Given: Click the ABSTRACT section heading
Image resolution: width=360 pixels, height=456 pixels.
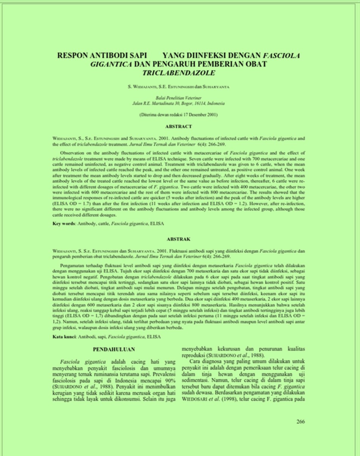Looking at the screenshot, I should pos(178,126).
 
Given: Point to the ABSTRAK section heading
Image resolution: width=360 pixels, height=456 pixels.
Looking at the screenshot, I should pos(178,239).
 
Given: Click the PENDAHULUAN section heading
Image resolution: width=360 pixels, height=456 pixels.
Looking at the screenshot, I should pos(114,349).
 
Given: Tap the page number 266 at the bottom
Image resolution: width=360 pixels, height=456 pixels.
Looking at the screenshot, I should pos(301,422).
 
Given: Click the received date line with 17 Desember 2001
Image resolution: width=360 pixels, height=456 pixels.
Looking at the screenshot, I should pos(178,114).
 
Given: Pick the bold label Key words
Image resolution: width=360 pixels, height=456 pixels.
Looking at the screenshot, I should pos(64,224).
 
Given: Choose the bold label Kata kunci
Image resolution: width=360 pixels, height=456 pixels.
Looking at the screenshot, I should pos(64,336).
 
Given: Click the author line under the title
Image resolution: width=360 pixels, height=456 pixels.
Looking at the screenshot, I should pos(178,87).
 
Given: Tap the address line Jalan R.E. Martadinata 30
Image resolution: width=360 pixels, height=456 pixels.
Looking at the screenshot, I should pos(178,103).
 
